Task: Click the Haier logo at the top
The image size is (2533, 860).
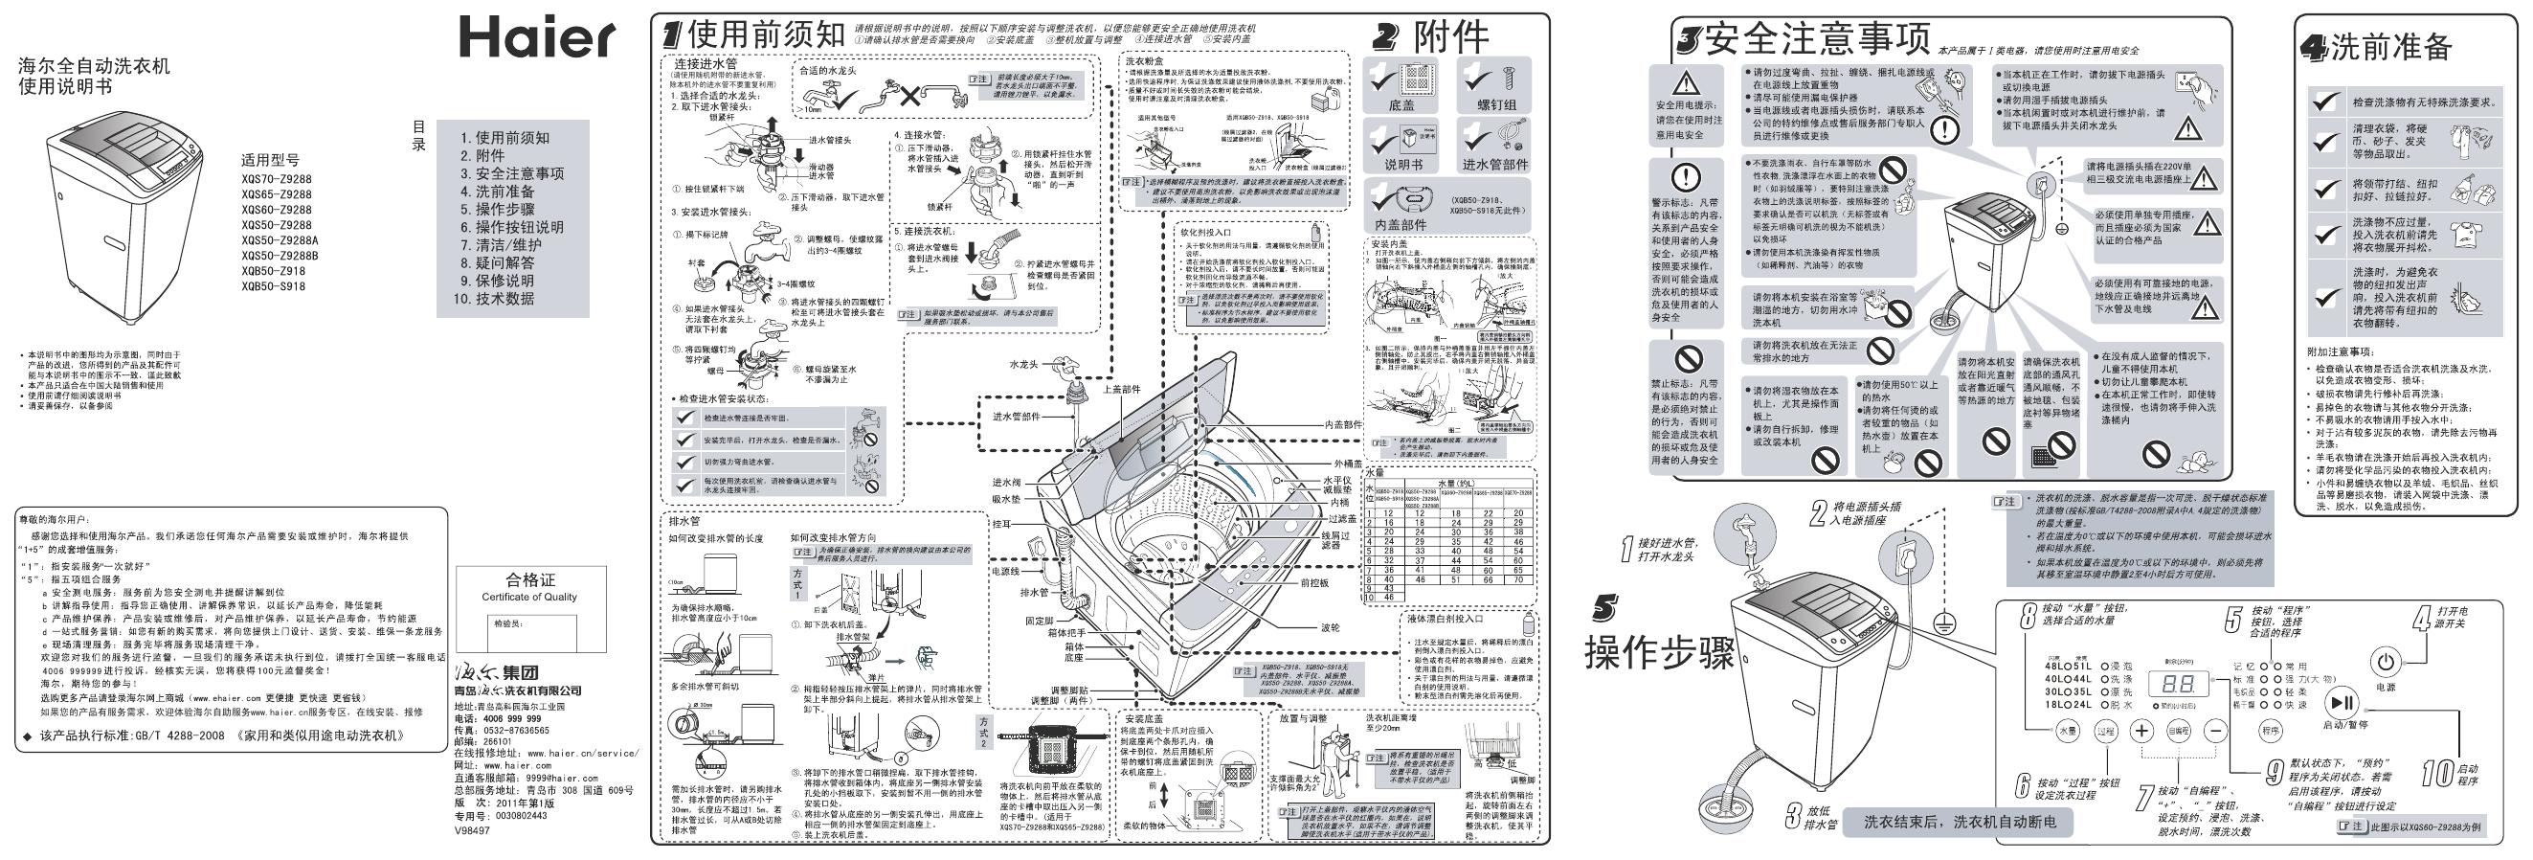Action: click(x=537, y=39)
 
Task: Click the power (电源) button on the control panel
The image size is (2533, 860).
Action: click(x=2386, y=659)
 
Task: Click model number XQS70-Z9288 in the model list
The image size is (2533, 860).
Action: click(x=277, y=179)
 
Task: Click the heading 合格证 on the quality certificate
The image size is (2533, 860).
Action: click(x=530, y=579)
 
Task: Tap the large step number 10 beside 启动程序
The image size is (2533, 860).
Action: click(x=2435, y=774)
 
